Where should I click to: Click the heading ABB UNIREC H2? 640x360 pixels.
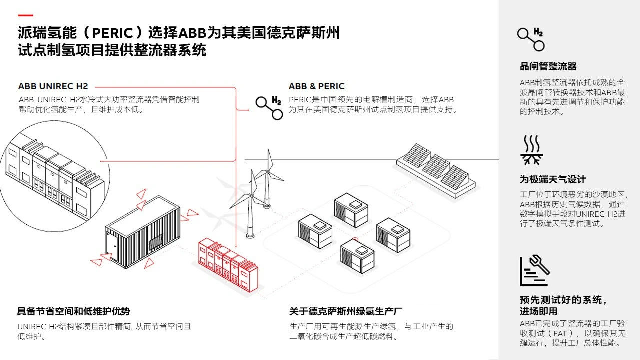click(53, 86)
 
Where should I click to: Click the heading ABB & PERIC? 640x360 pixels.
click(316, 86)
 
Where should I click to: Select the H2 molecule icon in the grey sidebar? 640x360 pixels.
click(531, 39)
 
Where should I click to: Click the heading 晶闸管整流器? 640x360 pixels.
click(548, 66)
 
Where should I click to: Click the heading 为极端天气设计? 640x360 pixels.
click(552, 179)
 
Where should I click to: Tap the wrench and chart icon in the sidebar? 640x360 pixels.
click(534, 271)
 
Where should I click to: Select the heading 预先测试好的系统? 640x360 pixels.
click(563, 300)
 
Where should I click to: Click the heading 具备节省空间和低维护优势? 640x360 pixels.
click(73, 311)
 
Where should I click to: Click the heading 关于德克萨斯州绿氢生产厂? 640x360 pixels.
click(346, 311)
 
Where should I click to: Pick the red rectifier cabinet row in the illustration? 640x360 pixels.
click(229, 263)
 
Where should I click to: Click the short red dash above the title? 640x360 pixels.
click(25, 15)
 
